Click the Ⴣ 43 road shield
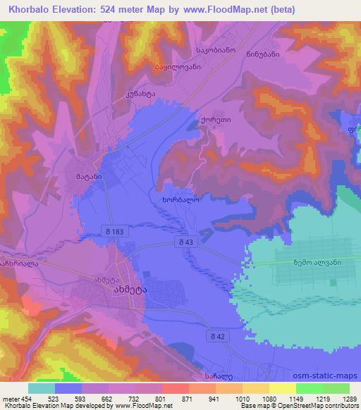185,242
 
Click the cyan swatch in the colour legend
42,388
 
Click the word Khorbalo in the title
27,10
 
